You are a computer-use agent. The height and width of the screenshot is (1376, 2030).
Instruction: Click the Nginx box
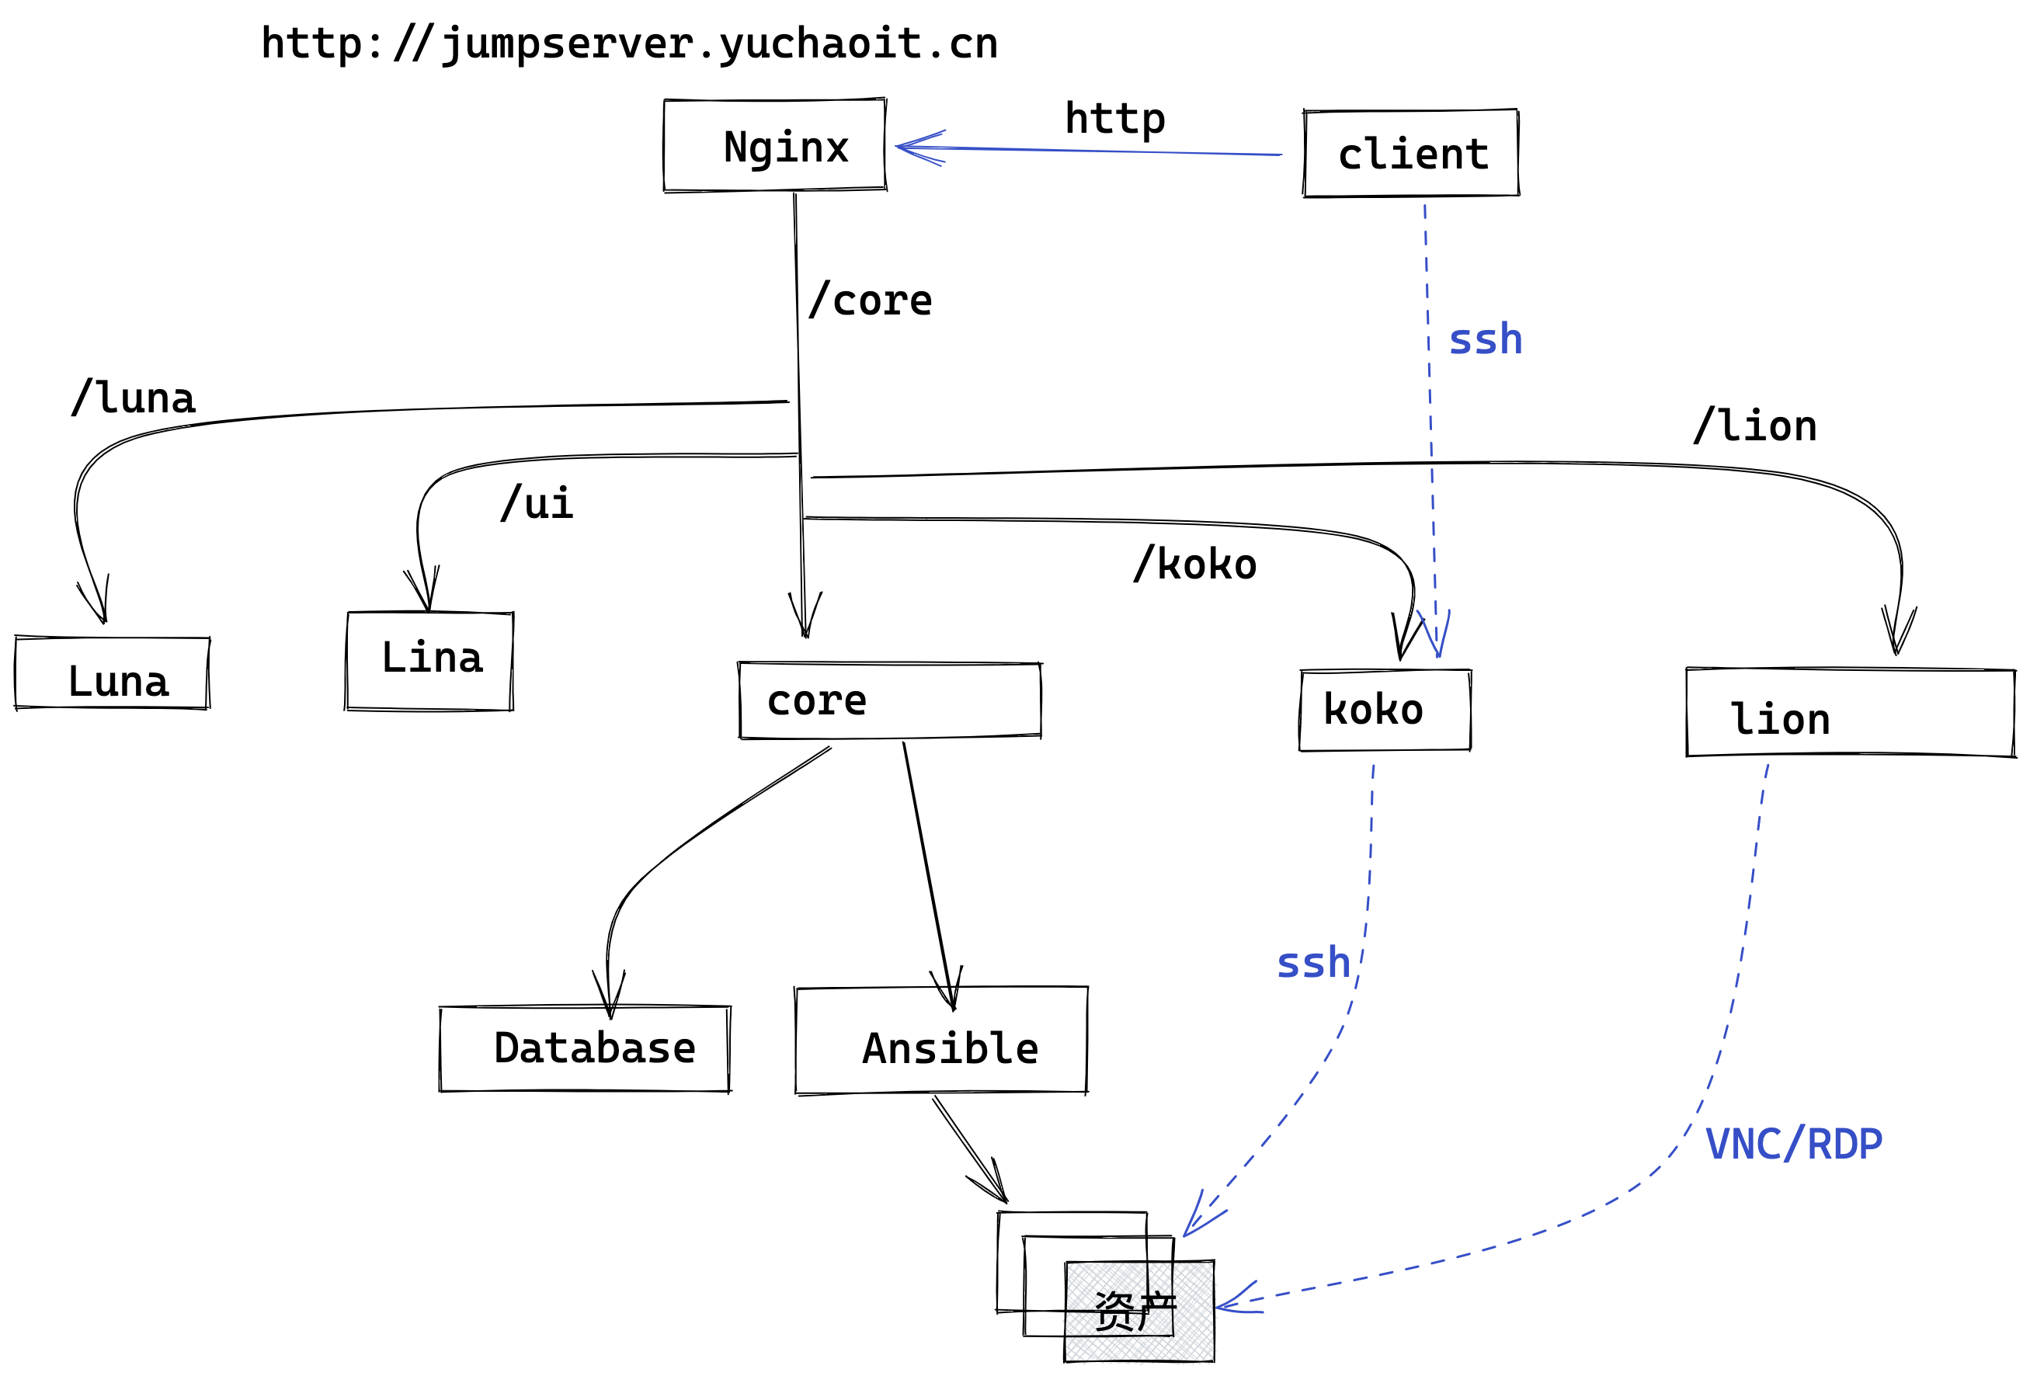point(774,145)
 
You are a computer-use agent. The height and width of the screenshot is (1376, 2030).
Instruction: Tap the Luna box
point(113,672)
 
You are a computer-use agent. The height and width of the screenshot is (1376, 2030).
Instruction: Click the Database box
point(584,1048)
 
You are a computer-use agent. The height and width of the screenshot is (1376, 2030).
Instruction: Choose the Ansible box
point(940,1040)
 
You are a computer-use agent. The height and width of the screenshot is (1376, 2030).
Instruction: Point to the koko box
point(1384,710)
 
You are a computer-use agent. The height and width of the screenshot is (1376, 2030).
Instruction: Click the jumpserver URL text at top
point(629,43)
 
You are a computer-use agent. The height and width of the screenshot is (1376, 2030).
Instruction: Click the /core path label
point(870,301)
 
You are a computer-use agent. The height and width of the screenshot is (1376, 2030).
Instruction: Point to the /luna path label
point(134,398)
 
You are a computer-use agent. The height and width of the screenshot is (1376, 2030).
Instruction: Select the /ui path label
point(537,503)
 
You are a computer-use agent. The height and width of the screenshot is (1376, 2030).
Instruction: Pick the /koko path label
point(1194,565)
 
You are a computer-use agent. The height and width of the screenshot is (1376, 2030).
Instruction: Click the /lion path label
point(1754,426)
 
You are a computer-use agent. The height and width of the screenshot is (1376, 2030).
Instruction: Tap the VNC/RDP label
point(1793,1145)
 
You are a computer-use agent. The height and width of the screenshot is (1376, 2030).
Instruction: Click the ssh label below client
point(1485,339)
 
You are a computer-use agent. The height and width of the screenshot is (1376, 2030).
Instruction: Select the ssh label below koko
point(1313,963)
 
